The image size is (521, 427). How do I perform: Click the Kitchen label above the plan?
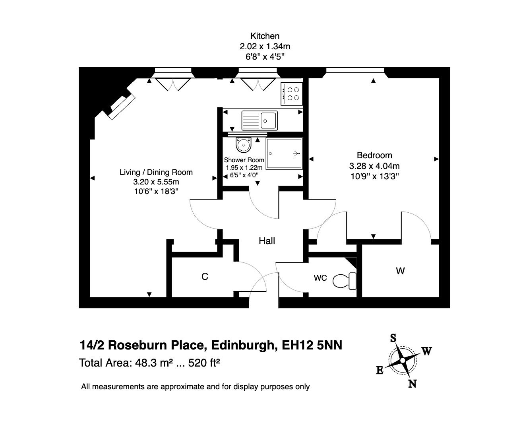pos(264,36)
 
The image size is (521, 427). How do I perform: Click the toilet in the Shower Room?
pos(243,145)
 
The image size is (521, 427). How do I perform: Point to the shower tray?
pos(284,153)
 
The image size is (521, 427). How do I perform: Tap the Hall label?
pos(267,241)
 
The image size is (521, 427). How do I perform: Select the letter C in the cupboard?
pos(205,277)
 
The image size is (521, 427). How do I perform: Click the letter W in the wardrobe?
pos(400,271)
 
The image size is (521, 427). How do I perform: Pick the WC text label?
pos(320,278)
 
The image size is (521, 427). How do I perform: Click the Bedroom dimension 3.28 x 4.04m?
pos(374,166)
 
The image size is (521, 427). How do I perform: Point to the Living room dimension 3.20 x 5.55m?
pos(156,182)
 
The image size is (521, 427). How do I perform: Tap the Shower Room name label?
pos(244,160)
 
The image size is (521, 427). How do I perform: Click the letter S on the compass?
pos(393,338)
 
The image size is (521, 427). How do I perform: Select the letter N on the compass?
pos(412,384)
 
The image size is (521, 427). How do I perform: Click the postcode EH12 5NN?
pos(312,345)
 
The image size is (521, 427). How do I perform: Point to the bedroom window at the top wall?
pos(355,71)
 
